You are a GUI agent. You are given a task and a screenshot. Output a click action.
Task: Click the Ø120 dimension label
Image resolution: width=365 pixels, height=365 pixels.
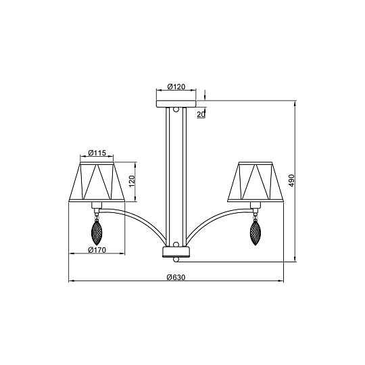(176, 87)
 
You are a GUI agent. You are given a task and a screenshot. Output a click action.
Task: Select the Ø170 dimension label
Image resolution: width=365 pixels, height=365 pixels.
(98, 249)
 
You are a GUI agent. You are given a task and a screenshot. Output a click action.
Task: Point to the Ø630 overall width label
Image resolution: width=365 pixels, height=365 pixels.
(176, 276)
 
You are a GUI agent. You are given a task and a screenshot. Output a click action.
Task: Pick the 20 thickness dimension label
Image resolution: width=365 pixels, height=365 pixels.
(201, 114)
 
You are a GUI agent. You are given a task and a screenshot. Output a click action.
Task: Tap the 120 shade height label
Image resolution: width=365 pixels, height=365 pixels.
(132, 180)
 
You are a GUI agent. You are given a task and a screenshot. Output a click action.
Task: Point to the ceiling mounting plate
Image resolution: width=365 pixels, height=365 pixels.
(176, 103)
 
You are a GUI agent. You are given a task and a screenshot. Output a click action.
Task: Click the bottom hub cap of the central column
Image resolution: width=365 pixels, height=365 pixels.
(176, 251)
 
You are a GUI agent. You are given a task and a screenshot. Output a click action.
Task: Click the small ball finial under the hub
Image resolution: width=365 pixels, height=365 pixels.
(176, 260)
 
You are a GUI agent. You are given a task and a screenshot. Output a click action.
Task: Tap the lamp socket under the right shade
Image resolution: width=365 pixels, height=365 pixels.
(255, 204)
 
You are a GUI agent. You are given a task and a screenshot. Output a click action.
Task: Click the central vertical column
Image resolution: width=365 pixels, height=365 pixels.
(176, 176)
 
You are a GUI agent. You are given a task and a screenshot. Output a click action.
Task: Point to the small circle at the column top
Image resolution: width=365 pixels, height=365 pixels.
(176, 109)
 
